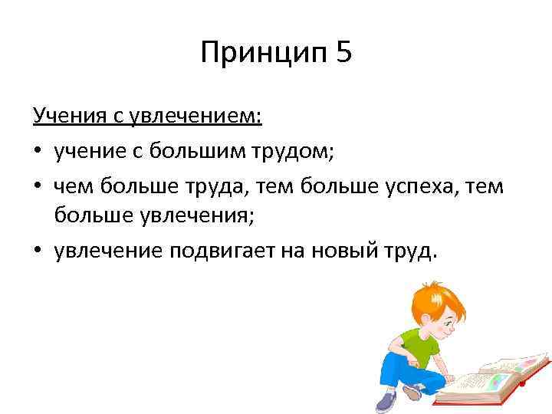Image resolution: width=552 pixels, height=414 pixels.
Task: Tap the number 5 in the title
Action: pyautogui.click(x=343, y=54)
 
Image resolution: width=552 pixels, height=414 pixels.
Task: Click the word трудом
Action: pyautogui.click(x=287, y=152)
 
